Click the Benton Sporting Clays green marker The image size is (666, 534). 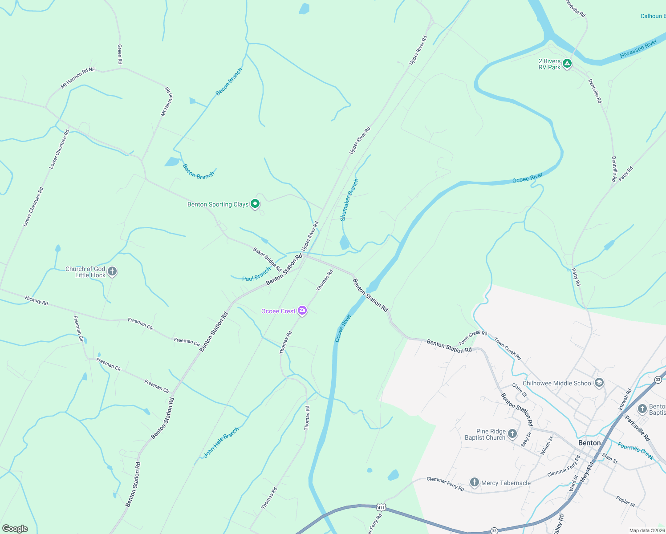tap(255, 204)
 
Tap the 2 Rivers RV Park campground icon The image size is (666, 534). tap(567, 64)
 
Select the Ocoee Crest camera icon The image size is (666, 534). tap(302, 311)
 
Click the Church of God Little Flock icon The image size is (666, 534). tap(112, 271)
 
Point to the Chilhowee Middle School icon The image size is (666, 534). tap(599, 383)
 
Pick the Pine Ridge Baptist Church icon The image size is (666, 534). tap(512, 433)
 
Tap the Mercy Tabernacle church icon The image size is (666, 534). tap(475, 482)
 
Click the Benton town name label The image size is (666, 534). tap(589, 443)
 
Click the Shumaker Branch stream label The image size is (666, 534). tap(349, 200)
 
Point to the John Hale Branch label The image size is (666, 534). tap(221, 442)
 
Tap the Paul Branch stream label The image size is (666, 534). tap(256, 274)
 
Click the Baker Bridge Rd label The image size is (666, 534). tap(267, 259)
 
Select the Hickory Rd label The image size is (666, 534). tap(37, 301)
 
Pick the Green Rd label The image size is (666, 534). tap(120, 54)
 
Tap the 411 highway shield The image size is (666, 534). tap(381, 507)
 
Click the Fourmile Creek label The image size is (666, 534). tap(635, 450)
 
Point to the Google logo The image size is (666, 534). tap(15, 529)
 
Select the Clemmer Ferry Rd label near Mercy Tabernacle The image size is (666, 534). tap(445, 484)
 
